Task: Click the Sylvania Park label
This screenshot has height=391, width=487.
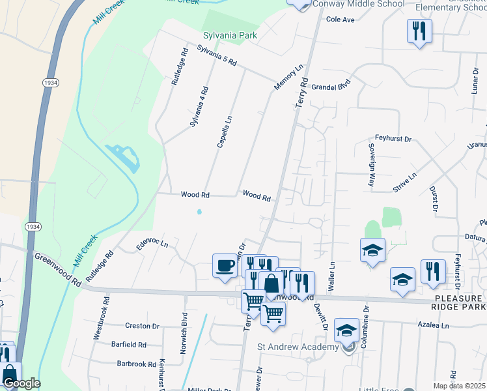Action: (x=229, y=35)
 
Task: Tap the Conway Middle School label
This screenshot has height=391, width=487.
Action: (x=358, y=3)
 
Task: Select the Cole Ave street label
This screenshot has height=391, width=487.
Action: (x=340, y=20)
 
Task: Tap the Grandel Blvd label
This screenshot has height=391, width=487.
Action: (x=331, y=85)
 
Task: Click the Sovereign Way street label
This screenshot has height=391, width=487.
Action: (x=371, y=164)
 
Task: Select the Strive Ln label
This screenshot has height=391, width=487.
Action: (x=404, y=183)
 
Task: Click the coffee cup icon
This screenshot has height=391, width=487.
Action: (x=225, y=266)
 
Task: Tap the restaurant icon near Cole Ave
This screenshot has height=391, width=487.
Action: (x=419, y=31)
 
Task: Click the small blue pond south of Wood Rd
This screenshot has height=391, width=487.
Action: (x=199, y=211)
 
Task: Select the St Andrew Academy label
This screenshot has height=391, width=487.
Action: (x=298, y=347)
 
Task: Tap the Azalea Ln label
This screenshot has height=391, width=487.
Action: (x=434, y=325)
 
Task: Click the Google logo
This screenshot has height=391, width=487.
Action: (x=21, y=383)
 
